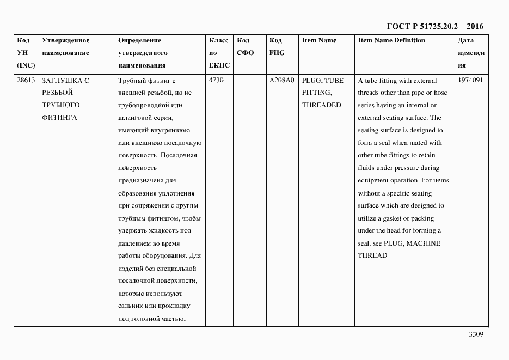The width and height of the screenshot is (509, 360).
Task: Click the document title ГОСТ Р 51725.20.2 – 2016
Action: (x=434, y=26)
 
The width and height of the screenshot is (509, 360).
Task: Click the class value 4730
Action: (x=216, y=80)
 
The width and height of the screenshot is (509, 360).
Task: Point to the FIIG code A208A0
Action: (x=281, y=80)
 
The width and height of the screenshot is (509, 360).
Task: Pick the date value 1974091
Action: (x=470, y=80)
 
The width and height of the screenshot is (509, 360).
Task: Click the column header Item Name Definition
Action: (x=391, y=40)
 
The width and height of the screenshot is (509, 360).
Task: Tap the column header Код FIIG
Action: (x=277, y=47)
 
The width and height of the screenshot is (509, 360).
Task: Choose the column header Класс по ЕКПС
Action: (x=219, y=53)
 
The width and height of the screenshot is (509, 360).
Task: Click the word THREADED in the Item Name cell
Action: (x=321, y=105)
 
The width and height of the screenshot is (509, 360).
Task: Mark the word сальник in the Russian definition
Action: (x=131, y=306)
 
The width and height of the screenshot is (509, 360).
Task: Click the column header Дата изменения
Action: (x=470, y=53)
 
